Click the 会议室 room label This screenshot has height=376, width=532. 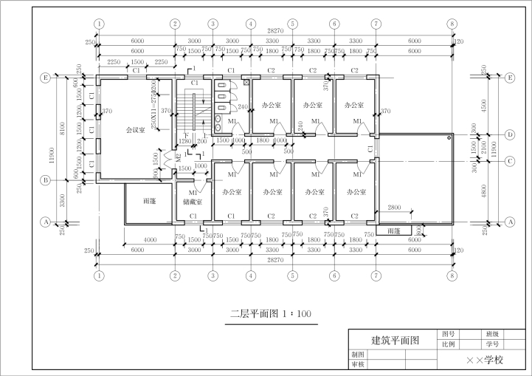click(134, 130)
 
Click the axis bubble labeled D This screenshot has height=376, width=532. click(510, 134)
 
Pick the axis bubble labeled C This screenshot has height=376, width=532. click(510, 160)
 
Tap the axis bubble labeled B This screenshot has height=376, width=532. click(46, 180)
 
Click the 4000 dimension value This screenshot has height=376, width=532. click(150, 240)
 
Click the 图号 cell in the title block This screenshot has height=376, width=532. click(449, 334)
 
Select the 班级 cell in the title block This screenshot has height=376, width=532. click(491, 334)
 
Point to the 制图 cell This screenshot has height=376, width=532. click(358, 355)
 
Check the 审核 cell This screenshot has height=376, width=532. click(358, 364)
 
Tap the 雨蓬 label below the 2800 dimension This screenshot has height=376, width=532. click(393, 230)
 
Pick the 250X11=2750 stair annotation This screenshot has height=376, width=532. click(153, 109)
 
